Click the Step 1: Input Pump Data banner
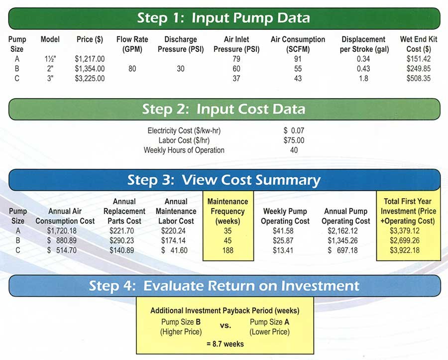pos(224,18)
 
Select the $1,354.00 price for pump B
pos(90,69)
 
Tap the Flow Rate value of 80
pos(132,69)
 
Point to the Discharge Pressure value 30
pos(180,69)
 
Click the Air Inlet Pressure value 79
pos(236,59)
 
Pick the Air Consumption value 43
pos(298,78)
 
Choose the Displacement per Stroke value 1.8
pos(363,78)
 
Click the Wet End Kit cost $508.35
pos(419,78)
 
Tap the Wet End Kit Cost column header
pos(419,44)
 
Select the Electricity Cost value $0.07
pos(294,130)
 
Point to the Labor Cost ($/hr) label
pos(184,140)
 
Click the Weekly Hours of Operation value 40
pos(294,150)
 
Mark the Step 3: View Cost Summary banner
pos(224,180)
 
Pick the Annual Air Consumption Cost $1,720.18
pos(62,231)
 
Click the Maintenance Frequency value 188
pos(227,250)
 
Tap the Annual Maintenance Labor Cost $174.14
pos(173,240)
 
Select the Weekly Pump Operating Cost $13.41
pos(283,250)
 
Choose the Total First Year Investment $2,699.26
pos(405,240)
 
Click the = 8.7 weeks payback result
pos(225,344)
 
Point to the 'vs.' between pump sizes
pos(225,326)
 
